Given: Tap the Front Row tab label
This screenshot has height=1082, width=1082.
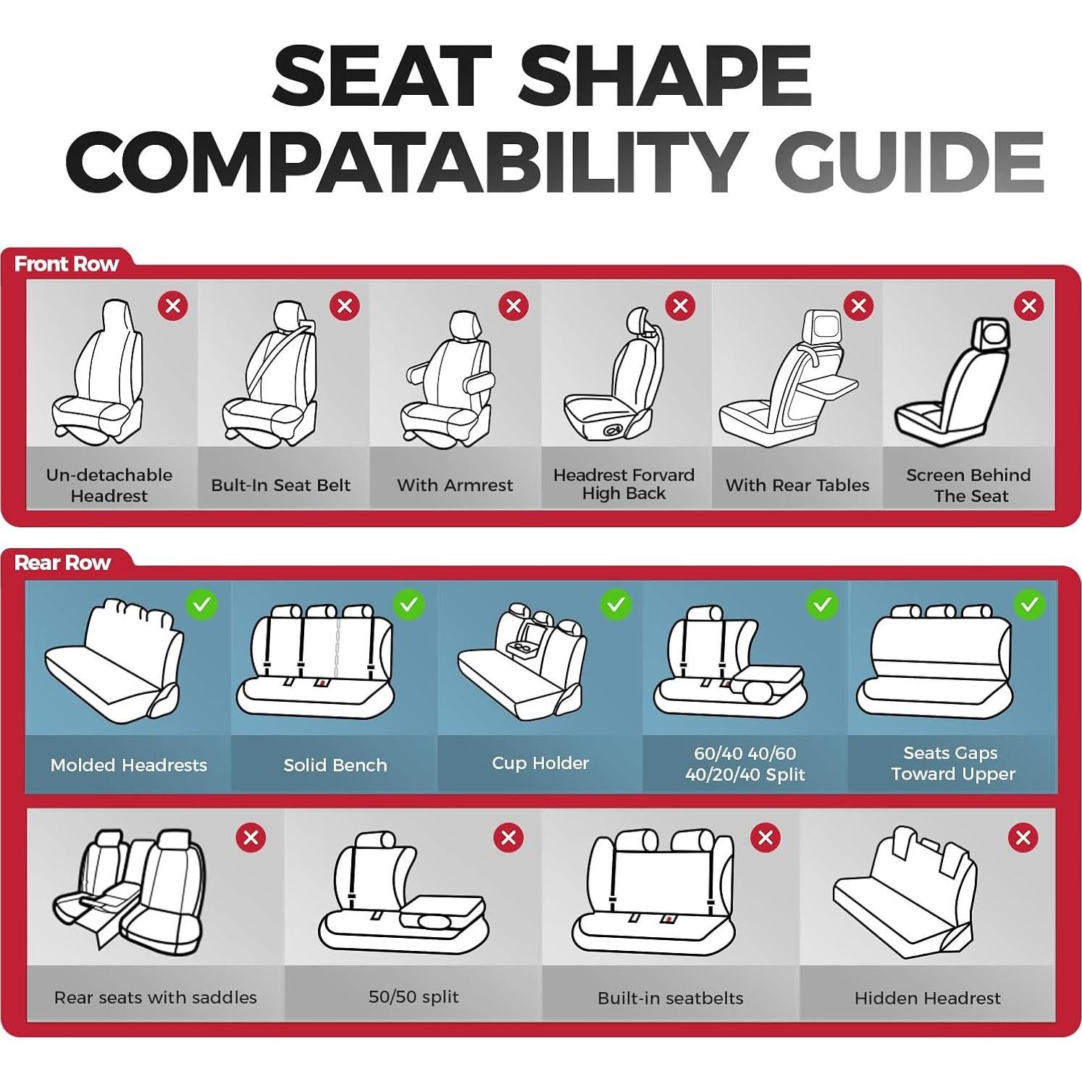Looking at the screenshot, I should tap(66, 264).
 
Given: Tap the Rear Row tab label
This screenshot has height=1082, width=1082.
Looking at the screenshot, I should tap(62, 563).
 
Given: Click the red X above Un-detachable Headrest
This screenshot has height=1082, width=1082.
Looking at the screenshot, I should tap(173, 306).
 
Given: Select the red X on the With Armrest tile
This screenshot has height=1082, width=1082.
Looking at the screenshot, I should tap(513, 306).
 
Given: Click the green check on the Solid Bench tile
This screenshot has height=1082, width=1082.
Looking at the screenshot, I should tap(408, 604).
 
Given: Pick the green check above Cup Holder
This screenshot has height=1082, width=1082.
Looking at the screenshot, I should tap(616, 604).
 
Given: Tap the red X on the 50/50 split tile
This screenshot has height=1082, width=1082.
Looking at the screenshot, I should tap(508, 837).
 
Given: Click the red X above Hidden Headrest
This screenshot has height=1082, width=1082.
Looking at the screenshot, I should tap(1023, 837).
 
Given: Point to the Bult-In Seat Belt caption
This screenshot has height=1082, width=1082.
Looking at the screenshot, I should tap(280, 485).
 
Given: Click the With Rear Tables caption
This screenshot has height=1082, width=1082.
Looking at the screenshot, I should tap(797, 485).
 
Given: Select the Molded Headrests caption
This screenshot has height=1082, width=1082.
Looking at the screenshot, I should tap(128, 765).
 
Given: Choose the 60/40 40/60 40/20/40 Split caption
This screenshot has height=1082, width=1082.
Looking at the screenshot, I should tap(745, 763).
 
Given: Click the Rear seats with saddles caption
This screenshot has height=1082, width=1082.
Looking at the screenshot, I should tap(155, 997).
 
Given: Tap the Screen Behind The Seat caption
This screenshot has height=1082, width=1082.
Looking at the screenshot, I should tap(968, 485).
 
